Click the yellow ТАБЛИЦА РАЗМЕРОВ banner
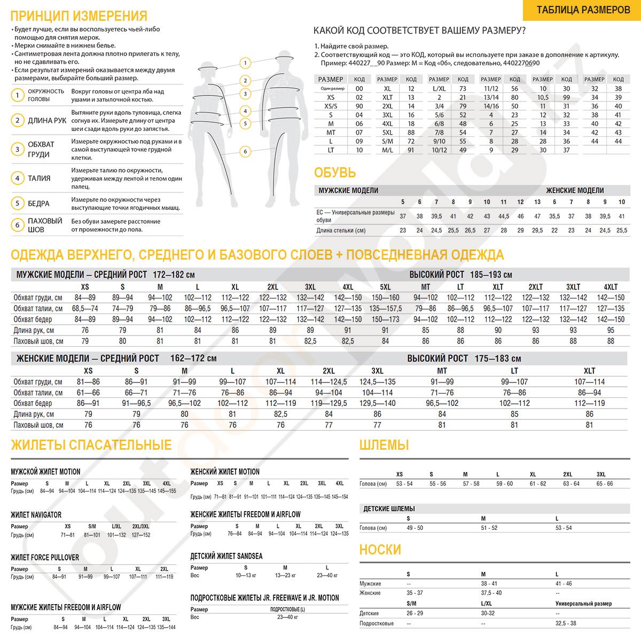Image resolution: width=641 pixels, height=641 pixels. pyautogui.click(x=583, y=10)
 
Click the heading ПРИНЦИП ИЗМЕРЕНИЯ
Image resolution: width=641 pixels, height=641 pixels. pyautogui.click(x=79, y=16)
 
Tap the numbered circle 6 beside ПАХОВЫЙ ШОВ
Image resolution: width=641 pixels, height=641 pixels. pyautogui.click(x=18, y=225)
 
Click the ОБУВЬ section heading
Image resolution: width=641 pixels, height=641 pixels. pyautogui.click(x=335, y=173)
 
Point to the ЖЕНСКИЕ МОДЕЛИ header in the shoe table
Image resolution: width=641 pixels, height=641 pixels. pyautogui.click(x=575, y=190)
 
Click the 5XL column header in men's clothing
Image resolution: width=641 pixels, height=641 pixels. pyautogui.click(x=385, y=287)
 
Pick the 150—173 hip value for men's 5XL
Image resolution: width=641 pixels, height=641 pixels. pyautogui.click(x=385, y=319)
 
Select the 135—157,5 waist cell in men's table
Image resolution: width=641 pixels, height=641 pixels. pyautogui.click(x=385, y=309)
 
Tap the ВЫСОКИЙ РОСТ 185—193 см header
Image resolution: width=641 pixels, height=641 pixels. pyautogui.click(x=460, y=275)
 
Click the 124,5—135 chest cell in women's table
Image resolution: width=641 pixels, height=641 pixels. pyautogui.click(x=377, y=382)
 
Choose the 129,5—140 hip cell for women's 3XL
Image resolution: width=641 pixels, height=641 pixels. pyautogui.click(x=377, y=403)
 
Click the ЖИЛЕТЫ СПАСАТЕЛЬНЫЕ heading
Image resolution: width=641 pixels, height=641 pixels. pyautogui.click(x=91, y=445)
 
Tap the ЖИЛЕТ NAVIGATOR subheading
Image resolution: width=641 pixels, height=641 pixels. pyautogui.click(x=36, y=515)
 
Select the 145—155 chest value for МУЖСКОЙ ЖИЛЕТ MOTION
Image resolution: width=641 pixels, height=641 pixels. pyautogui.click(x=167, y=491)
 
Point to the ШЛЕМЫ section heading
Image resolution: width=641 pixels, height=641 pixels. pyautogui.click(x=384, y=445)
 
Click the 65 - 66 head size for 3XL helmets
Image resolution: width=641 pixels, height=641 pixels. pyautogui.click(x=604, y=484)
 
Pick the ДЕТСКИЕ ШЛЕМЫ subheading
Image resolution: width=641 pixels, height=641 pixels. pyautogui.click(x=389, y=509)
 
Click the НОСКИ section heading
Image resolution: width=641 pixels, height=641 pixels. pyautogui.click(x=380, y=550)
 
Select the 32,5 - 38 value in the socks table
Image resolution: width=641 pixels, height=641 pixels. pyautogui.click(x=566, y=623)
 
